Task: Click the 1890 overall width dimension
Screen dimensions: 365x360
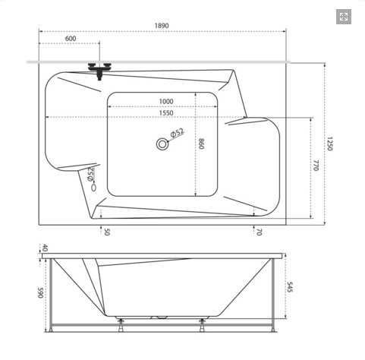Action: coord(162,26)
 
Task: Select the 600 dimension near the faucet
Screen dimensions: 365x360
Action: coord(71,39)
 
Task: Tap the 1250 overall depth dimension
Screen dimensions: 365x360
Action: coord(329,144)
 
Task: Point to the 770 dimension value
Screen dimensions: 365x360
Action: coord(316,166)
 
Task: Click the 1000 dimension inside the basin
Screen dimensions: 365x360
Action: coord(166,101)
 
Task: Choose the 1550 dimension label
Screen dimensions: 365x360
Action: coord(166,113)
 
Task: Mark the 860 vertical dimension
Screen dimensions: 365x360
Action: coord(201,144)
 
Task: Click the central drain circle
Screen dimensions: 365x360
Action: coord(162,144)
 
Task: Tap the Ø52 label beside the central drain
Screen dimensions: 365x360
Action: coord(178,133)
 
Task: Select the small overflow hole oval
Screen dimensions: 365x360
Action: coord(94,188)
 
